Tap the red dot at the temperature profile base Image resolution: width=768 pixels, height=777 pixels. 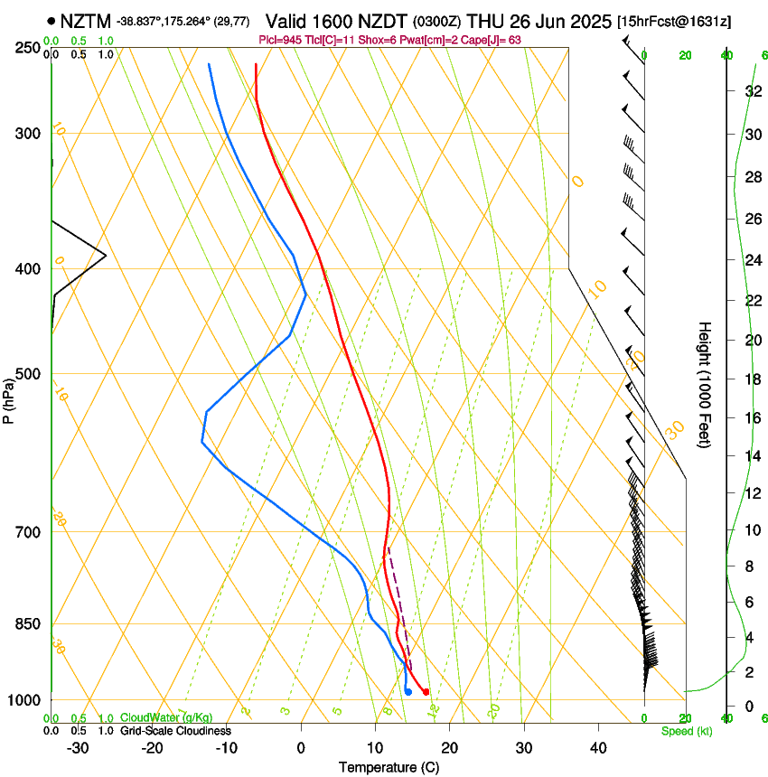426,692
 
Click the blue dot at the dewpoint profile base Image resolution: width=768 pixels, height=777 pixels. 408,692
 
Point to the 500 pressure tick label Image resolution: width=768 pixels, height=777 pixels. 30,374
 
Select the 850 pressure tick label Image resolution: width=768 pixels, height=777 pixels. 30,624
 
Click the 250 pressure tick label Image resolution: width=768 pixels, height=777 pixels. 30,48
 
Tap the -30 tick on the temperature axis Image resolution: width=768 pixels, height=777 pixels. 78,748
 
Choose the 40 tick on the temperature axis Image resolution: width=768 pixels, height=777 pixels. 597,748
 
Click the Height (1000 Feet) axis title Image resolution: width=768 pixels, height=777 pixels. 705,384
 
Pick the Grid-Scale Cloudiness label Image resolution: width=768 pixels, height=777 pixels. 175,731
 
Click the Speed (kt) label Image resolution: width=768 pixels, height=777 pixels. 686,731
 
